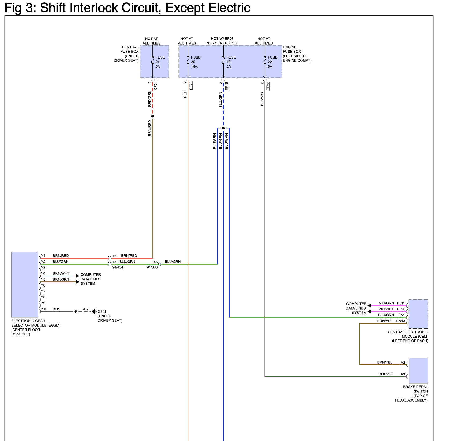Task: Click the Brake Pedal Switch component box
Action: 418,370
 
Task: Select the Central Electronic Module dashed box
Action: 418,314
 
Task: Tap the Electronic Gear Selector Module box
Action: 25,285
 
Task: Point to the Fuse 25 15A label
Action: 196,62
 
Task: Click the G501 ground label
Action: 102,312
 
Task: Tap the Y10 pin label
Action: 44,309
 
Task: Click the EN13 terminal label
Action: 401,321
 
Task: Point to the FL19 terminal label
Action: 401,303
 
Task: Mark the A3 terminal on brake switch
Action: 403,374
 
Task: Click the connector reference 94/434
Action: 118,267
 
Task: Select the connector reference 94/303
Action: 152,267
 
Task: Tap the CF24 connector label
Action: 156,85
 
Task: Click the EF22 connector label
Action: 268,86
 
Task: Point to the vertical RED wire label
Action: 185,94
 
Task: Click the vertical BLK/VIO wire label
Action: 262,99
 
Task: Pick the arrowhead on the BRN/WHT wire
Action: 78,276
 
